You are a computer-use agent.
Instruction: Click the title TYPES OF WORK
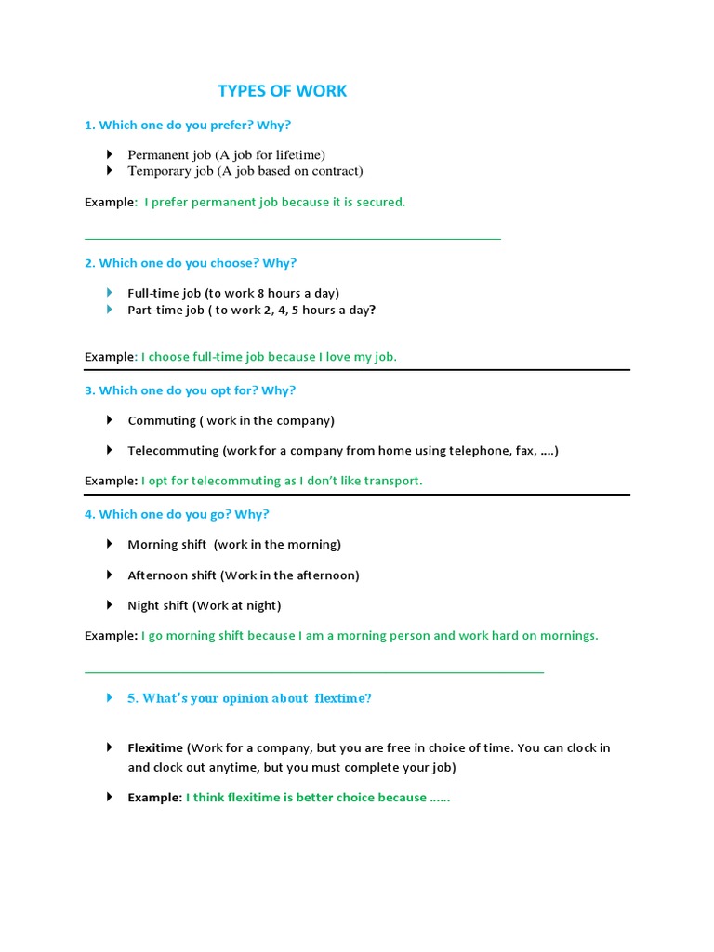282,91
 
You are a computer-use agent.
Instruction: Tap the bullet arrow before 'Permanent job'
109,154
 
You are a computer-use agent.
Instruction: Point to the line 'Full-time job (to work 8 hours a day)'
233,293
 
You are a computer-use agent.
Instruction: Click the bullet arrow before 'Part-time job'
109,310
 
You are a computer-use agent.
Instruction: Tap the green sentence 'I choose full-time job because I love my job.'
270,357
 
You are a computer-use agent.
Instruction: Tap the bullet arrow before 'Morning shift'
109,544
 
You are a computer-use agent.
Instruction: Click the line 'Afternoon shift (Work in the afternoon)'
243,575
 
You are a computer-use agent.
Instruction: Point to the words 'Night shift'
158,605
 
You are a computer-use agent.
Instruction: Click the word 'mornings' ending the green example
567,636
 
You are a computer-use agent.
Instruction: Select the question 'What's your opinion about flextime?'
249,698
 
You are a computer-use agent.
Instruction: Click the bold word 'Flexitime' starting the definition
155,747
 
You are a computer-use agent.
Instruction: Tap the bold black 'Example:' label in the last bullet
154,798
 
